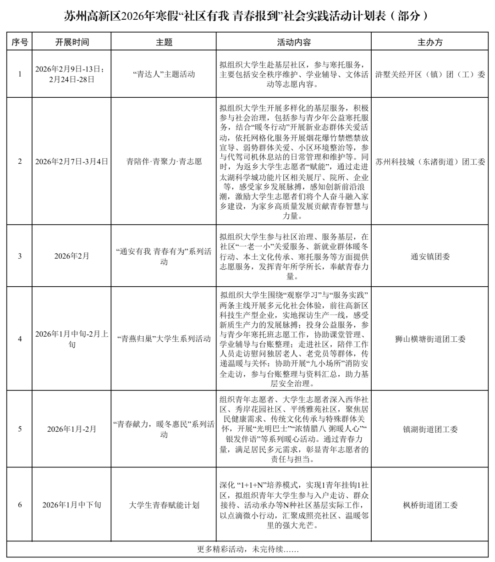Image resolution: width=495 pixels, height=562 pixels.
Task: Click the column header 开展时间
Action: point(72,42)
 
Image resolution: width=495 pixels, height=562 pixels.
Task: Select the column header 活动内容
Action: point(294,42)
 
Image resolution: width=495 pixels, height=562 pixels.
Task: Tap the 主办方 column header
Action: point(430,42)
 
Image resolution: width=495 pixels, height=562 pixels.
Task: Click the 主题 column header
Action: point(164,42)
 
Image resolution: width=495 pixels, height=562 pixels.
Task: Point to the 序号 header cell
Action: point(20,42)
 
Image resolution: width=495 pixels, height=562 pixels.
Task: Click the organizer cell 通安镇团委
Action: point(430,256)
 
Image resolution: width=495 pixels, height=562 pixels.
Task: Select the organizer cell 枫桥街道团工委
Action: point(430,505)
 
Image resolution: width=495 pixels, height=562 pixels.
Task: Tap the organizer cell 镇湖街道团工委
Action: point(430,429)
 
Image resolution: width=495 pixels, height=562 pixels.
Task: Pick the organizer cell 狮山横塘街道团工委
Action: point(430,339)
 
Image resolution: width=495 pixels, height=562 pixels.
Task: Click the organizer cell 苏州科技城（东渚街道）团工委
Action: point(430,161)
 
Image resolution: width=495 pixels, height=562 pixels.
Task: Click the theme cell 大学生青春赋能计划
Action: point(164,505)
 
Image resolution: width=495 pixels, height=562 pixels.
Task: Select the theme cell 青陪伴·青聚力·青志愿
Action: point(164,161)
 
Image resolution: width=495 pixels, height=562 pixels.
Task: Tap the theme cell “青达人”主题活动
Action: point(164,74)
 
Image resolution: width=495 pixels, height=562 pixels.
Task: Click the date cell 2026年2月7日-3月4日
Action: point(72,161)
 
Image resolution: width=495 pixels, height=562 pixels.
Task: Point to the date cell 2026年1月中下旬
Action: point(72,505)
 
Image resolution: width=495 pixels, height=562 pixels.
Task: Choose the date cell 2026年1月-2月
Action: point(72,429)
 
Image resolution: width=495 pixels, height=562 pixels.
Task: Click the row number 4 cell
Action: point(20,339)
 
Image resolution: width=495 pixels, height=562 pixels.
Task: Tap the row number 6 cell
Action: point(20,505)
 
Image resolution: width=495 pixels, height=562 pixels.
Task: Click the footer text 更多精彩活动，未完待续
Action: point(247,549)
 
